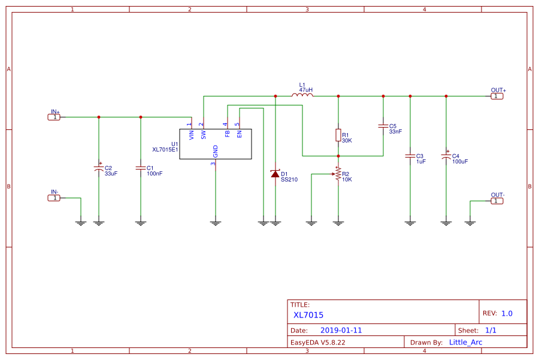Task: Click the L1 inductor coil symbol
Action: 302,95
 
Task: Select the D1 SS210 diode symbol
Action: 275,174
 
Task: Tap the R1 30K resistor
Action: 338,135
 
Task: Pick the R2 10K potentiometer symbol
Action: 338,174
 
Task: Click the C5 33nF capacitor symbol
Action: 383,126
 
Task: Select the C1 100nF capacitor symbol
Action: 141,168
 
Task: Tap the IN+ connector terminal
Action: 54,117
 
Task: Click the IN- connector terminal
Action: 54,198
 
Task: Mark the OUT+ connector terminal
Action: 497,96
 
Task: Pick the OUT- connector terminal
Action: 497,201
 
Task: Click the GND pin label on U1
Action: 216,151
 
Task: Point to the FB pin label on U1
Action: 228,134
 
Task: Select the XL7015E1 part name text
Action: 165,150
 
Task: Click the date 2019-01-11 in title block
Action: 341,330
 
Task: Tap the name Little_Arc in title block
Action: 465,342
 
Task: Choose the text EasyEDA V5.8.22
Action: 318,343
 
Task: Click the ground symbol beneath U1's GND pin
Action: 216,223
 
